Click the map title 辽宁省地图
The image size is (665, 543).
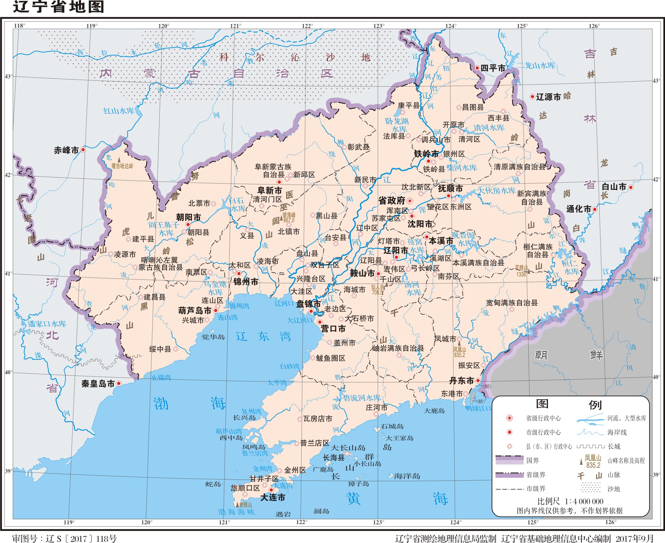pos(58,7)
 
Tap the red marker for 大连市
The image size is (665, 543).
pos(271,490)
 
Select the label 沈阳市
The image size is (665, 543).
pos(420,224)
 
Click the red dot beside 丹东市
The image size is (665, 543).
pos(478,380)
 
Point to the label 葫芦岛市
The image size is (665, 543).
pos(195,310)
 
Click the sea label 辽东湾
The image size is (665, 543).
pos(263,337)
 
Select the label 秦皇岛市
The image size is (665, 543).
pos(98,384)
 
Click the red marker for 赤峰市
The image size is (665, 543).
pos(83,150)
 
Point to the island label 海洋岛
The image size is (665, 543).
pos(407,476)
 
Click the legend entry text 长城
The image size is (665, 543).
pos(614,446)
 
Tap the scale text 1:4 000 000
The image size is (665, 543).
pos(584,501)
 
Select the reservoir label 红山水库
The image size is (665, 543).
pos(119,111)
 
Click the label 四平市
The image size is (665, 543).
pos(493,68)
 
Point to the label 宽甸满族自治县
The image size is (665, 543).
pos(512,303)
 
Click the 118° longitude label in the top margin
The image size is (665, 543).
pos(19,26)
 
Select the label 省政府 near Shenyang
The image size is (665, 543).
pos(391,200)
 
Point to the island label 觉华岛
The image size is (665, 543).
pos(213,337)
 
